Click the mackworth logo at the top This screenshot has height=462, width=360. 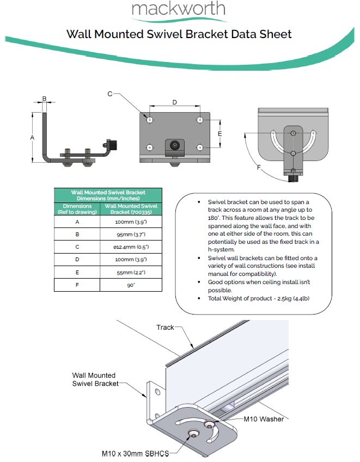pyautogui.click(x=178, y=9)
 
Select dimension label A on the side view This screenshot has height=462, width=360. pyautogui.click(x=32, y=138)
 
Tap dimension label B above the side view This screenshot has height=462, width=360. pyautogui.click(x=45, y=99)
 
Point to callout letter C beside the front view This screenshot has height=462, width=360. pyautogui.click(x=109, y=94)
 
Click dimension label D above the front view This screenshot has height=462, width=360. pyautogui.click(x=174, y=102)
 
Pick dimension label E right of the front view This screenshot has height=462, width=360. pyautogui.click(x=220, y=133)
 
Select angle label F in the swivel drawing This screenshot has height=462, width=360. pyautogui.click(x=259, y=167)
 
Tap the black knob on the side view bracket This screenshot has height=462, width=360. pyautogui.click(x=113, y=145)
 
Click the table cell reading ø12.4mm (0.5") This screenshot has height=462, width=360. pyautogui.click(x=131, y=247)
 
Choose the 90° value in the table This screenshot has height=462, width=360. pyautogui.click(x=131, y=285)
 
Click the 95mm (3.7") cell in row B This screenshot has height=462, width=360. pyautogui.click(x=131, y=234)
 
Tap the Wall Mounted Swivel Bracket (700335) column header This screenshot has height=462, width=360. pyautogui.click(x=131, y=209)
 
